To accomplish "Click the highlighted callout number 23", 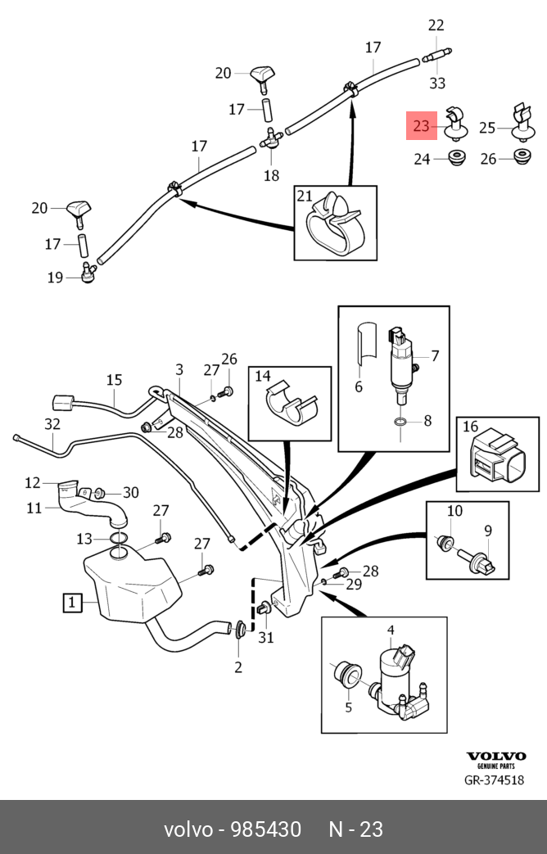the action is point(421,126).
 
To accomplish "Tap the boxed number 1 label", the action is point(71,603).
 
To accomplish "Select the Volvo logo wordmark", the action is point(496,756).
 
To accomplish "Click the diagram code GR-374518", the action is point(494,780).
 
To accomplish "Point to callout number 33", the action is point(437,83).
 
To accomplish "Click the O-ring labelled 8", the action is point(400,422).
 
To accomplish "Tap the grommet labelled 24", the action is point(457,159).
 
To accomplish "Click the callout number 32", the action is point(52,424).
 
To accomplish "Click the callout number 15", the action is point(115,380).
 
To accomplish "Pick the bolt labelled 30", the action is point(98,494).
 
